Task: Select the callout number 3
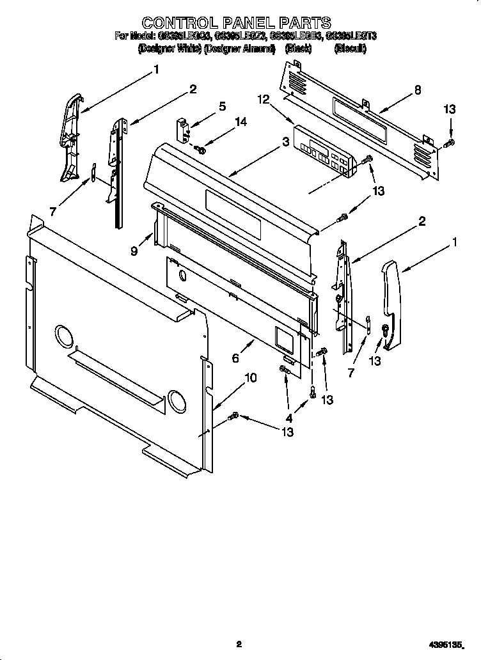pyautogui.click(x=285, y=143)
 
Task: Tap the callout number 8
pyautogui.click(x=417, y=90)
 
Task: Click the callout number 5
pyautogui.click(x=222, y=107)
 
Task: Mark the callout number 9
pyautogui.click(x=134, y=251)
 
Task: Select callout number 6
pyautogui.click(x=235, y=359)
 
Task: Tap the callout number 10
pyautogui.click(x=251, y=378)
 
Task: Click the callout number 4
pyautogui.click(x=288, y=418)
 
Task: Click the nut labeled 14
pyautogui.click(x=200, y=150)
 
